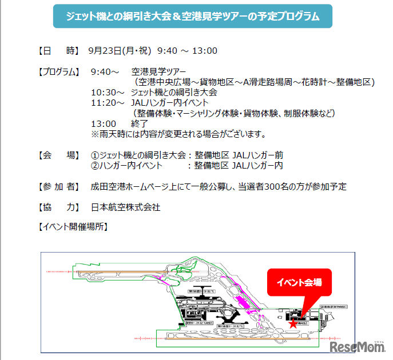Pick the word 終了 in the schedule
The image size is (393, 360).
140,123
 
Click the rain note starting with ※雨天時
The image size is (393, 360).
178,134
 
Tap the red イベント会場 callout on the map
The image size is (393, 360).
299,282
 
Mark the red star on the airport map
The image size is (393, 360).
293,323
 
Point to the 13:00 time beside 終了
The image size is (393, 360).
103,123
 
